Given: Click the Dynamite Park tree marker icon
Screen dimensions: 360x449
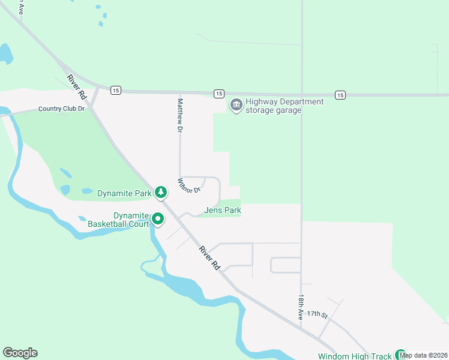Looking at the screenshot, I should (160, 192).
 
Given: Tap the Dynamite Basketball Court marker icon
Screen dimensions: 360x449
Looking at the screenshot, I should (158, 219).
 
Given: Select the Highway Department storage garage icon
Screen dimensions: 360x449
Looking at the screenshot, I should (236, 106).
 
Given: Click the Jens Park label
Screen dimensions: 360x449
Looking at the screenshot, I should (223, 211).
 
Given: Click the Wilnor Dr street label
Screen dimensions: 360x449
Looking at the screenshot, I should (188, 185).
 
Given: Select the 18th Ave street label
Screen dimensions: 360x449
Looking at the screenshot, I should (301, 307).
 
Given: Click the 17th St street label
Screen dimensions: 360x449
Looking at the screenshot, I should (317, 314).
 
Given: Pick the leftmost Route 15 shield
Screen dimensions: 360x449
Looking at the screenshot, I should (116, 90).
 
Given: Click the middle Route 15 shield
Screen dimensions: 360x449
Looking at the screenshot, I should (218, 94).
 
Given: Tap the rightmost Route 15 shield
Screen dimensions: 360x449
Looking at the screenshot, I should (340, 95).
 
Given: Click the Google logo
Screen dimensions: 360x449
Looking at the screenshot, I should (20, 353).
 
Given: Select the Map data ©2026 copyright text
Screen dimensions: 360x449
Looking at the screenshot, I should (424, 355).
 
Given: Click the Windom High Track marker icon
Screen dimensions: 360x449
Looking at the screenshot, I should (400, 355).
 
